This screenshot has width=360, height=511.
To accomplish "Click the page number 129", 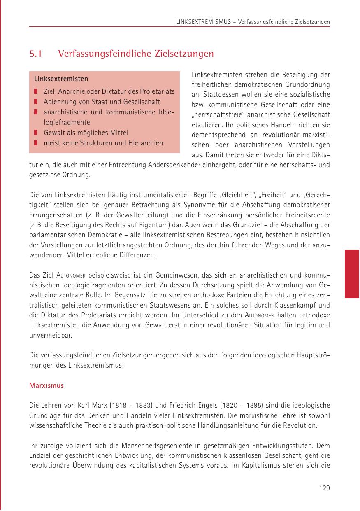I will tap(324, 488).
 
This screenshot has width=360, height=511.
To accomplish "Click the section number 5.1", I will tap(36, 54).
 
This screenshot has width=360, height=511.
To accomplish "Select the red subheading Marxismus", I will tap(46, 386).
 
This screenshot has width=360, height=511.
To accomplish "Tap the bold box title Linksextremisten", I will tap(61, 79).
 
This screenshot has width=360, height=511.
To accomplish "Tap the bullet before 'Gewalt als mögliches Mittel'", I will tap(36, 133).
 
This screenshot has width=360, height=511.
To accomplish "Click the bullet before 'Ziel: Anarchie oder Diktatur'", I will tap(36, 91).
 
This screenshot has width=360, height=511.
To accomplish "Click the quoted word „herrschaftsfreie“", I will tap(218, 114).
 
